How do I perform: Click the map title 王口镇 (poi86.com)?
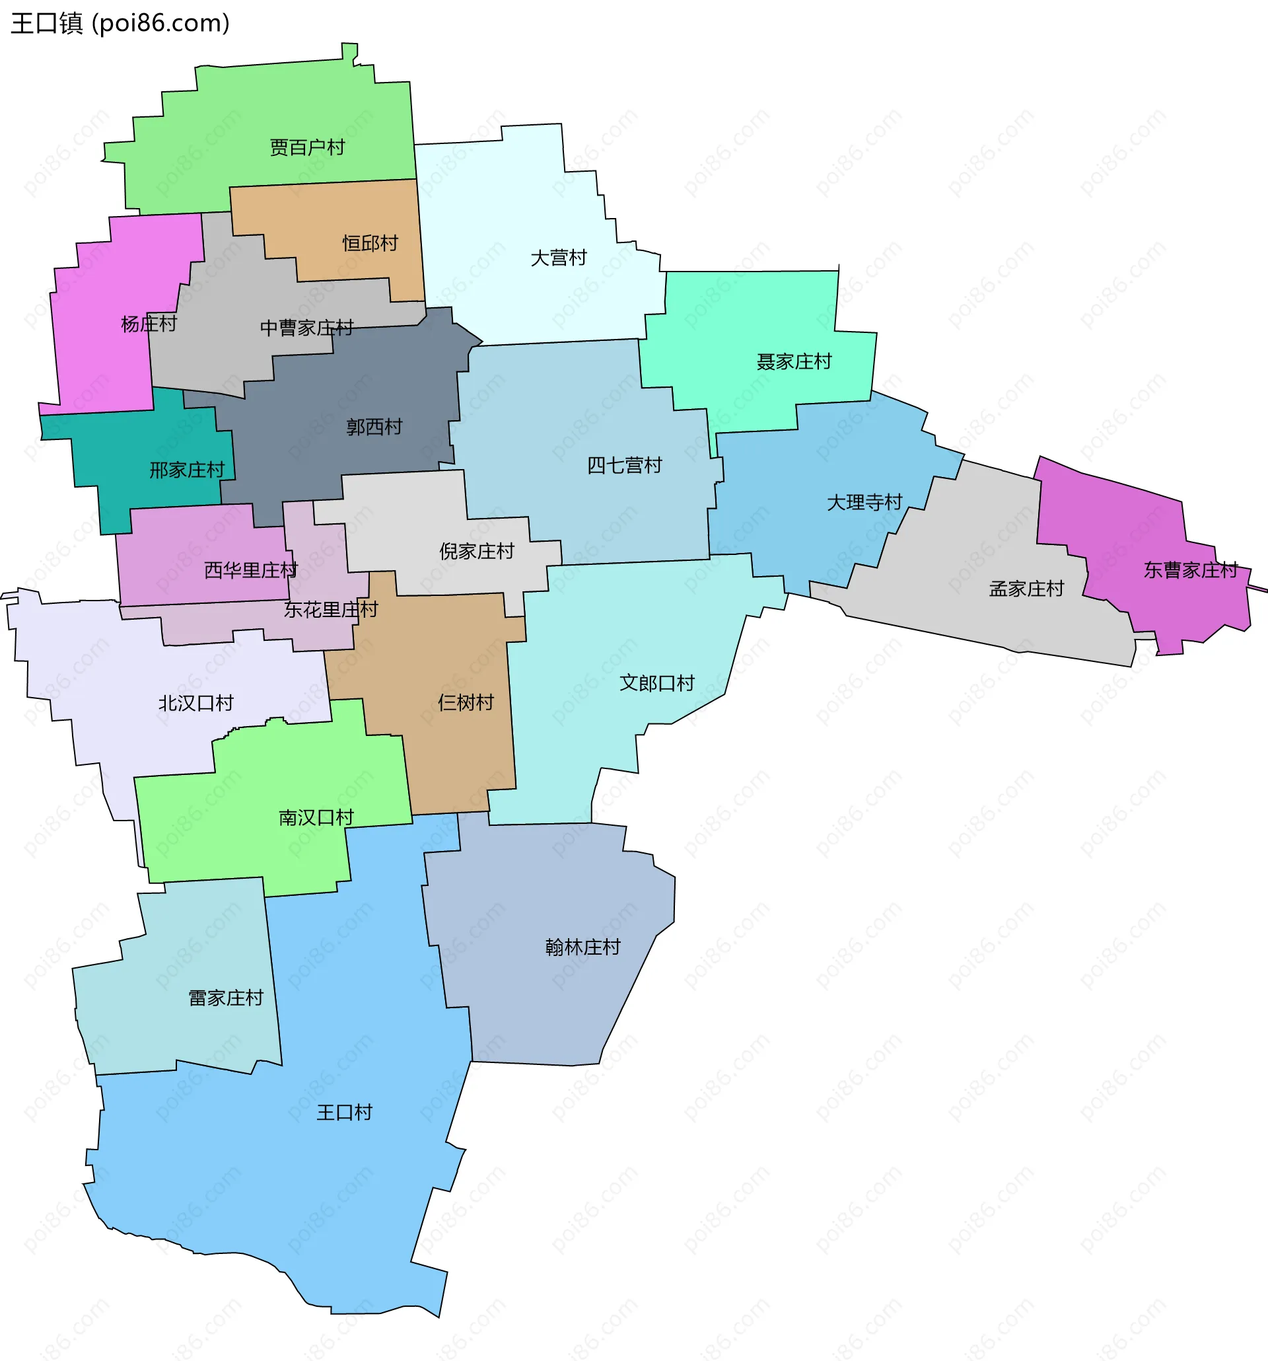point(120,23)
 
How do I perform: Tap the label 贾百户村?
point(307,147)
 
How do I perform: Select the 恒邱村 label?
point(370,243)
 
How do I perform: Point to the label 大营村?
point(559,258)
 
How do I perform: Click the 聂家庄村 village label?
point(794,361)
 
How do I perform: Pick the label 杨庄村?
point(149,324)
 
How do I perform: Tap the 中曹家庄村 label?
point(306,328)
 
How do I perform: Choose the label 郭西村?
point(374,427)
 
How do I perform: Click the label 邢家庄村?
point(187,470)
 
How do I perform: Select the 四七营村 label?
point(624,466)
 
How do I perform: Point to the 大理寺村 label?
point(864,503)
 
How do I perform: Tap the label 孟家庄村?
point(1026,589)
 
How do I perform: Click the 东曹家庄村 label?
point(1191,570)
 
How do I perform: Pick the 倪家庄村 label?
point(476,551)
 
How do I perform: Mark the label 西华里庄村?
point(250,570)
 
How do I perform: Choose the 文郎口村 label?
point(656,682)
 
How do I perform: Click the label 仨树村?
point(466,702)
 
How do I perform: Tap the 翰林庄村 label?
point(582,947)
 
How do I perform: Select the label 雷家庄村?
point(226,998)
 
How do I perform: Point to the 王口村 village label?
point(344,1112)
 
